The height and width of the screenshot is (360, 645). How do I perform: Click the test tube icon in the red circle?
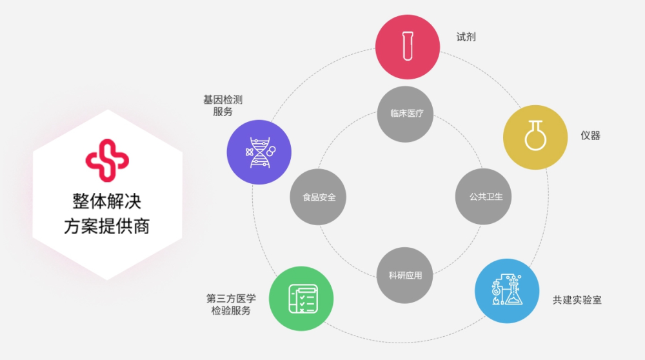point(408,46)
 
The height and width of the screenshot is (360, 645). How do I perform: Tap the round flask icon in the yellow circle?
point(535,135)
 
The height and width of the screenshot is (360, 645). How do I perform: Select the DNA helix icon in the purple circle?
point(261,153)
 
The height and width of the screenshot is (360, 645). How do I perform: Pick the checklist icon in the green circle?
point(303,299)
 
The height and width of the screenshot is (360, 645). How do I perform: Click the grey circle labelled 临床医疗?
point(405,114)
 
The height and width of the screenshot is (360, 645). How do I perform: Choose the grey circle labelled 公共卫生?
point(483,197)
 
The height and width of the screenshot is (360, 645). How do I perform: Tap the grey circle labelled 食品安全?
point(318,197)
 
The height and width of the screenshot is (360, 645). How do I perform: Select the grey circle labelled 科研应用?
point(405,275)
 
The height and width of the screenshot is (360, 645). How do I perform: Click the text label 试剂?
point(466,37)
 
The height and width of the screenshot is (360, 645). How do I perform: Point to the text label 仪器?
point(590,135)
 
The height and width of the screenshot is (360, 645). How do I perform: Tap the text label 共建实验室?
point(577,300)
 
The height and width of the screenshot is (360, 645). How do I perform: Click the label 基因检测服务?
point(223,106)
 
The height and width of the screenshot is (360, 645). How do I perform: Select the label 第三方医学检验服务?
point(231,305)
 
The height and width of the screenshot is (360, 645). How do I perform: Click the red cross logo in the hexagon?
point(107,161)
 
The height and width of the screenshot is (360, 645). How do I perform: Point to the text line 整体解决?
point(107,201)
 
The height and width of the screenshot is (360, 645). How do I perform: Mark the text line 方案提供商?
point(107,226)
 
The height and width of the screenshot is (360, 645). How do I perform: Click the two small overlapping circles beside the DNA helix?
point(271,152)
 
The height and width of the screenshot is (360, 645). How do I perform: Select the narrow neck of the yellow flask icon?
point(535,126)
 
